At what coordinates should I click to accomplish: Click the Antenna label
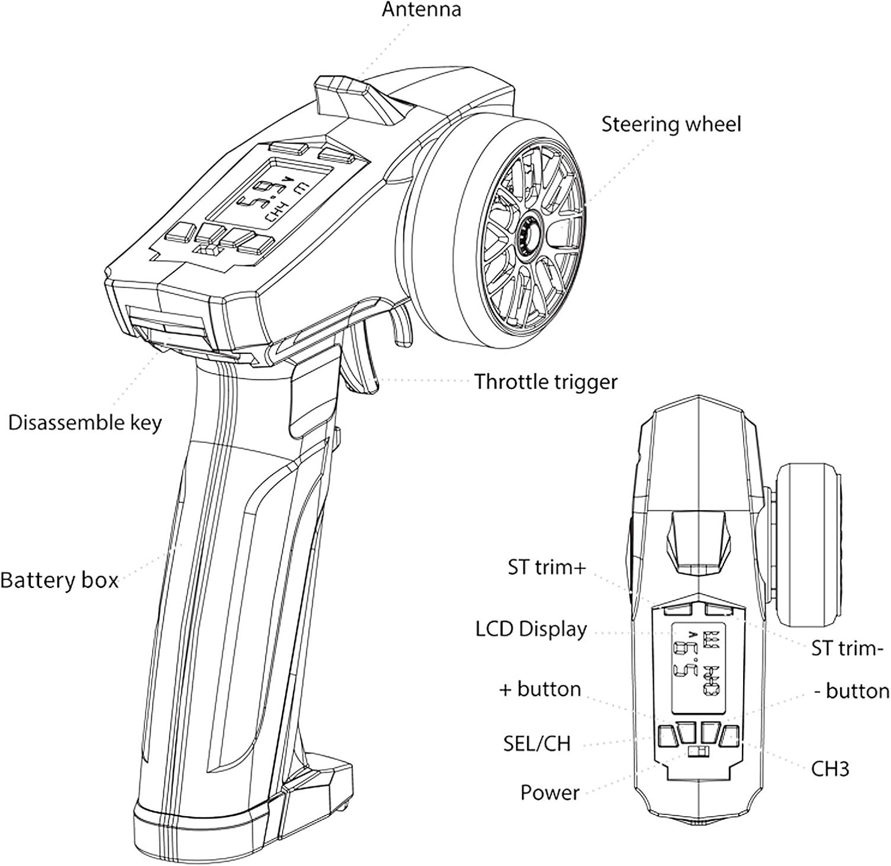pyautogui.click(x=421, y=10)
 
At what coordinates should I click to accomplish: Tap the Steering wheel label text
pyautogui.click(x=671, y=124)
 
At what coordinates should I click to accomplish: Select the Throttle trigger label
pyautogui.click(x=546, y=381)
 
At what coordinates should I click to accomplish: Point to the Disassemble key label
pyautogui.click(x=84, y=422)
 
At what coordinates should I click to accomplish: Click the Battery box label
pyautogui.click(x=59, y=580)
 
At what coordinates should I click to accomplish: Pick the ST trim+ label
pyautogui.click(x=546, y=567)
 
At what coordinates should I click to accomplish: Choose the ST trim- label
pyautogui.click(x=843, y=647)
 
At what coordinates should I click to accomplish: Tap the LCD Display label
pyautogui.click(x=531, y=629)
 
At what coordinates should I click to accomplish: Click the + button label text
pyautogui.click(x=540, y=689)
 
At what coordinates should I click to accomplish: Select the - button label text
pyautogui.click(x=851, y=691)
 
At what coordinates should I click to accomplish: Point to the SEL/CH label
pyautogui.click(x=536, y=743)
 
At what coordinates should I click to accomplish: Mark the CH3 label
pyautogui.click(x=830, y=769)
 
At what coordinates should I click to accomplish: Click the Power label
pyautogui.click(x=549, y=792)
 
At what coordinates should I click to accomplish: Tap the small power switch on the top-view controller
pyautogui.click(x=699, y=753)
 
